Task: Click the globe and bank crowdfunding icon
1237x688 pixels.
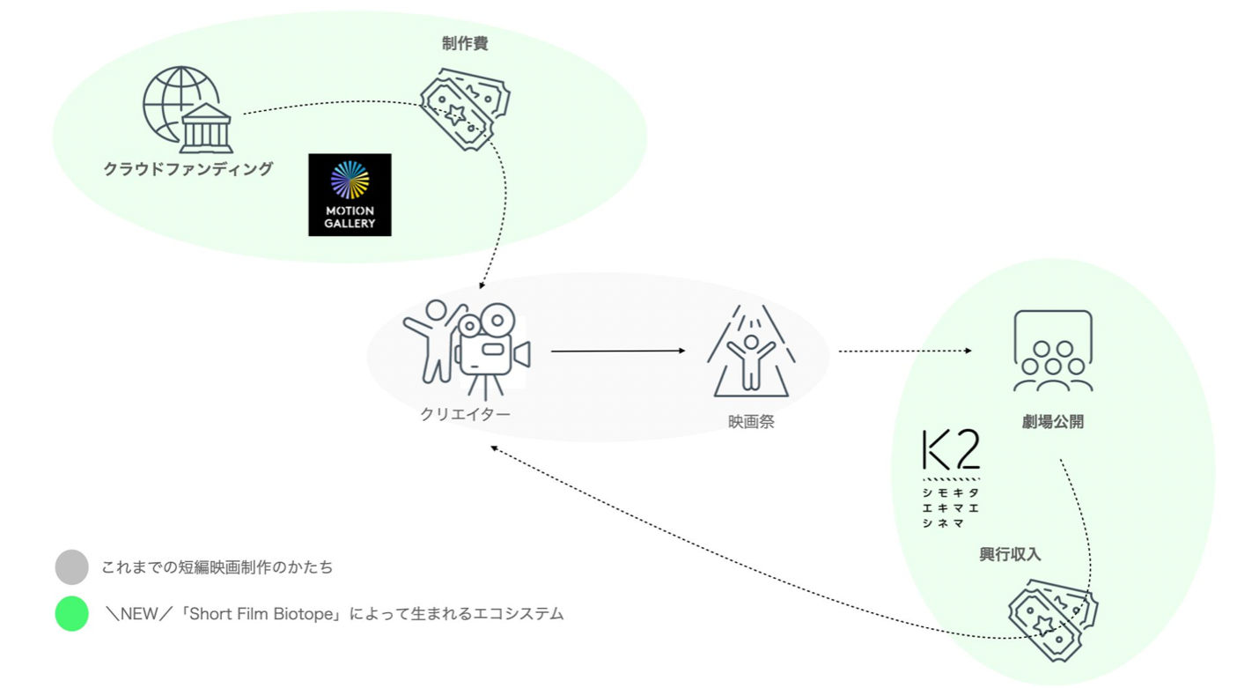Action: pos(188,110)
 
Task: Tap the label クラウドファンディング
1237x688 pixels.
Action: pos(188,169)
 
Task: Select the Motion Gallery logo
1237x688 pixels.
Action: pos(350,195)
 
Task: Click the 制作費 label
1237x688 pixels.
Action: pos(465,44)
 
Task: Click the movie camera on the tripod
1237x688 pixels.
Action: pos(492,351)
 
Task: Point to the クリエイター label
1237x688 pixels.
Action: pos(465,414)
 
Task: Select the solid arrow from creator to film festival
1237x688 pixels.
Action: pos(617,351)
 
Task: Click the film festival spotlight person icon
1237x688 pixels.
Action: pos(751,351)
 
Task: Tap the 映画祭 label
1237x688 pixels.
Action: pos(751,422)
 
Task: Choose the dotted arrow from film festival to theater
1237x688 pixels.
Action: pos(904,351)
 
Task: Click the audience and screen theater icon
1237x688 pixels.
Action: pos(1053,351)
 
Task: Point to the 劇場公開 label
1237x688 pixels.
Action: pos(1053,422)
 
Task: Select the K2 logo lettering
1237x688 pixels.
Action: pos(951,450)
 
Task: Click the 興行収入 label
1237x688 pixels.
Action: pos(1010,554)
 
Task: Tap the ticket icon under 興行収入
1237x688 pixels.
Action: pos(1052,618)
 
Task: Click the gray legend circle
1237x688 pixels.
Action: pos(71,567)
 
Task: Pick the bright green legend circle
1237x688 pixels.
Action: pos(71,614)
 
